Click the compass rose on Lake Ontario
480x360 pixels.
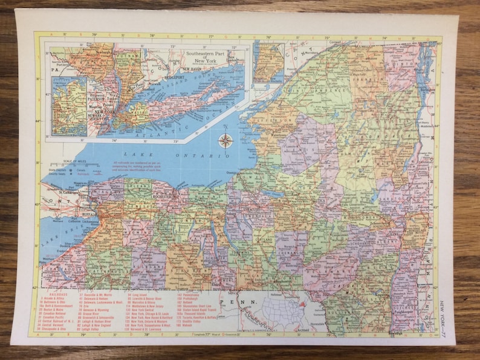point(225,141)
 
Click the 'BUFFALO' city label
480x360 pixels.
point(88,213)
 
